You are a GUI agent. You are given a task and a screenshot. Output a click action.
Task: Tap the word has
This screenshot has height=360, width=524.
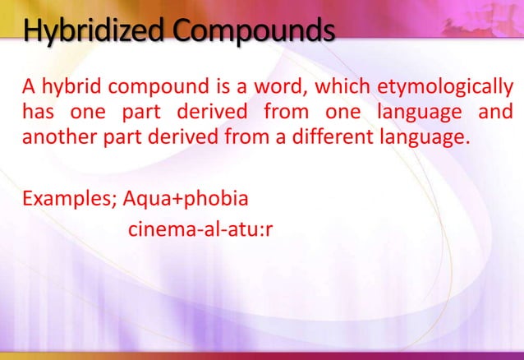coord(39,111)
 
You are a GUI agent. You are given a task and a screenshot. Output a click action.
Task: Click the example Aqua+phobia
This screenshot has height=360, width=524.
coord(185,199)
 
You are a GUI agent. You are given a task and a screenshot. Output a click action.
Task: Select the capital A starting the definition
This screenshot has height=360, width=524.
coord(28,86)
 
